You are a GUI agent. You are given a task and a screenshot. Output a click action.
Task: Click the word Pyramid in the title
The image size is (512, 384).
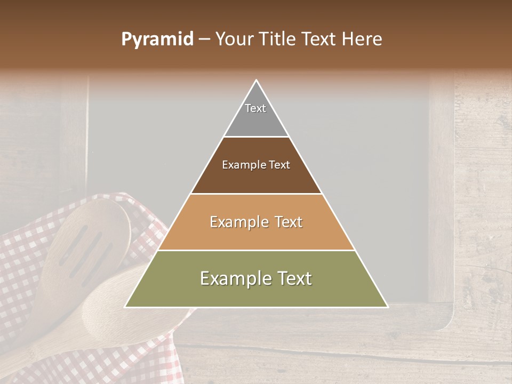coord(157,39)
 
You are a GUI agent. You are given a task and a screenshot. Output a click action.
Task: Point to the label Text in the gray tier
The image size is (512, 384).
coord(255,108)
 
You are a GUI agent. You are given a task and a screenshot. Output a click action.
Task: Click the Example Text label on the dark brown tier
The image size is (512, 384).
coord(256,165)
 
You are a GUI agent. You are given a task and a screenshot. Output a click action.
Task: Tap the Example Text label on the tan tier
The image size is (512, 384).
coord(256,222)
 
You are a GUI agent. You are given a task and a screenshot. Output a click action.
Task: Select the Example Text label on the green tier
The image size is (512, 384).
coord(256,278)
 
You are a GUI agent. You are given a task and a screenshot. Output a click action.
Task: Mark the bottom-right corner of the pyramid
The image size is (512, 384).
coord(387,307)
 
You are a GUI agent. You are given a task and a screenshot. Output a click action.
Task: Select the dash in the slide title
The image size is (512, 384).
coord(204,39)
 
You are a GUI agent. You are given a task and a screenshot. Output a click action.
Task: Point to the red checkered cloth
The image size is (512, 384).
coord(21,277)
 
